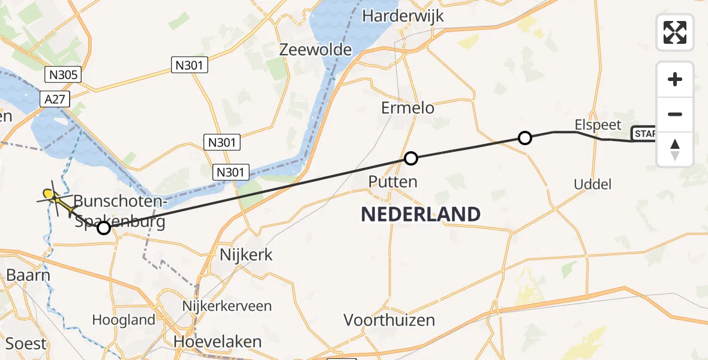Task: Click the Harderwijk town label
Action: coord(412,16)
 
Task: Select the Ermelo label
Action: coord(407,108)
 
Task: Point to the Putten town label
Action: coord(393,181)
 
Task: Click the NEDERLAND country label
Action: coord(420,214)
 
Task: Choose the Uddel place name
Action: coord(592,184)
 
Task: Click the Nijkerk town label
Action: coord(246,254)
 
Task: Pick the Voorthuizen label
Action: coord(389,320)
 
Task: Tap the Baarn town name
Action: coord(28,275)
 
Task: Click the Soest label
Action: coord(26,344)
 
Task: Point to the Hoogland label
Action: coord(124,320)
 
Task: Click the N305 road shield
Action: coord(62,74)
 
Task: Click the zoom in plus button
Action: coord(675,79)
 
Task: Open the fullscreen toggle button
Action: coord(675,32)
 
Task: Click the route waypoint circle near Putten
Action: coord(410,158)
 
